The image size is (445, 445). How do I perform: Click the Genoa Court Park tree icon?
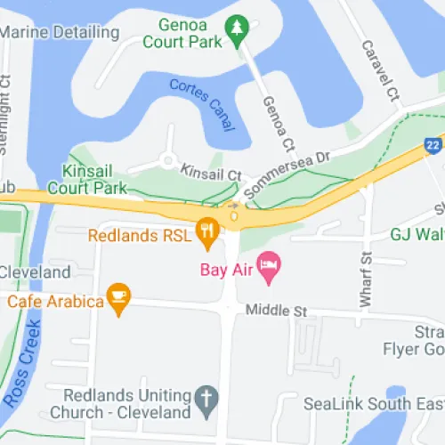coord(235,32)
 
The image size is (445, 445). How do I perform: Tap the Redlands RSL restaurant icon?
coord(207,234)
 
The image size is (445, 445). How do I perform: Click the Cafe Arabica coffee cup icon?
coord(117,299)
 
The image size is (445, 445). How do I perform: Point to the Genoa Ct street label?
coord(277,125)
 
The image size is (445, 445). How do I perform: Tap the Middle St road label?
coord(276,311)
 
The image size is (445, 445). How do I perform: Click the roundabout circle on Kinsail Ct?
coord(166,161)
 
